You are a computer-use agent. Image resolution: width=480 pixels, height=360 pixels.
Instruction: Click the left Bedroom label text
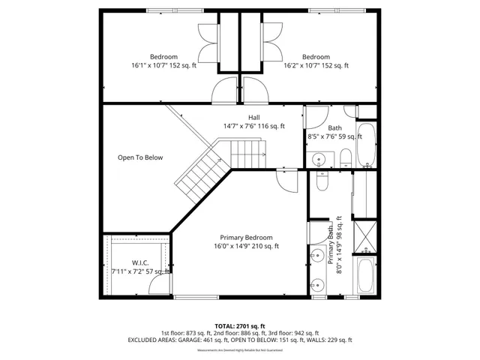[163, 57]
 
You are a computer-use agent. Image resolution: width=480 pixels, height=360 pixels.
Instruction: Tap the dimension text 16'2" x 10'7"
[307, 66]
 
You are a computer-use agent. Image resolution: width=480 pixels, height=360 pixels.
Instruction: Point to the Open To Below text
[140, 157]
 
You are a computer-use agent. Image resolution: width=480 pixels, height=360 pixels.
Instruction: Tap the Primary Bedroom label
[246, 237]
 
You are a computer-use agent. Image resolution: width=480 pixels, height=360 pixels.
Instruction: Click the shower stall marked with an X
[365, 236]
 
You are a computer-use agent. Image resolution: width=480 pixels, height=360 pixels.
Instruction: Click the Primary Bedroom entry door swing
[286, 178]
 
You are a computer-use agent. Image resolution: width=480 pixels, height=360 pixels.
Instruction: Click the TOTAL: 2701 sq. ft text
[239, 325]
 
